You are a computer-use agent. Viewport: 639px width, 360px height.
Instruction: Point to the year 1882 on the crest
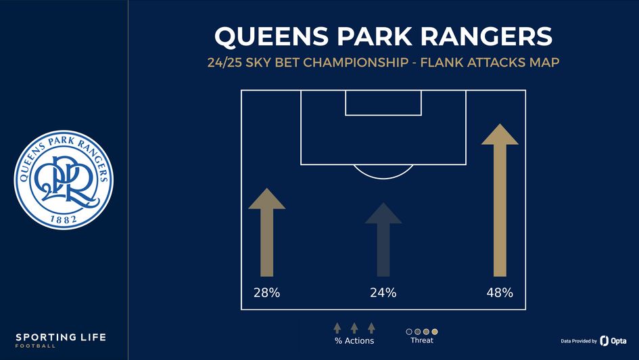(x=65, y=220)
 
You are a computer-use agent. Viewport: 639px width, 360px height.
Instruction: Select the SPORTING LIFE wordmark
(x=61, y=337)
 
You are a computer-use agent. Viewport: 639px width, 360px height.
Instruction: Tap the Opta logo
(x=613, y=341)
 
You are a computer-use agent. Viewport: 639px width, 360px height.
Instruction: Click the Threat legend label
(x=422, y=340)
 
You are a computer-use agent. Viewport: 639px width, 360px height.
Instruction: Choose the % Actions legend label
(x=354, y=341)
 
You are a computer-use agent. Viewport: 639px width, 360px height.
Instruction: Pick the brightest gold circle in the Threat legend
(x=435, y=331)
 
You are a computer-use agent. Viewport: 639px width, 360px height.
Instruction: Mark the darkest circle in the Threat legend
(x=409, y=331)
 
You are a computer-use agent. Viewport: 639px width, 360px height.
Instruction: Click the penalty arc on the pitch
(x=383, y=172)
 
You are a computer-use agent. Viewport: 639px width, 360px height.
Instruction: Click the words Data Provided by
(x=578, y=341)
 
